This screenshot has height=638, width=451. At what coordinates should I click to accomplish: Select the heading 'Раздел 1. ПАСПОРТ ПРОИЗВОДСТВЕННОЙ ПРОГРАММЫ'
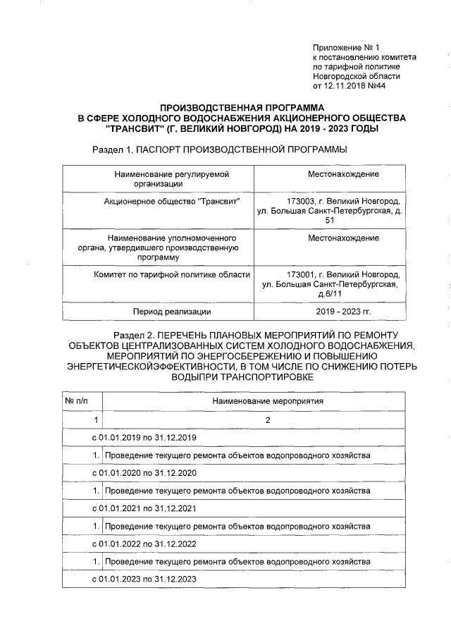[x=220, y=150]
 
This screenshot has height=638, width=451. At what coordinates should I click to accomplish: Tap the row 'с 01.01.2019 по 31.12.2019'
[x=144, y=438]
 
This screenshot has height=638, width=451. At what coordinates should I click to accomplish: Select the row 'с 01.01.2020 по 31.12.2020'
[x=144, y=473]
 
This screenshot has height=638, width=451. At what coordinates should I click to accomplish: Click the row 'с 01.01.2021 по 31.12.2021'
[x=144, y=508]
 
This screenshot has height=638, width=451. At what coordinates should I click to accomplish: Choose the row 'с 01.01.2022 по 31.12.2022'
[x=144, y=544]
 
